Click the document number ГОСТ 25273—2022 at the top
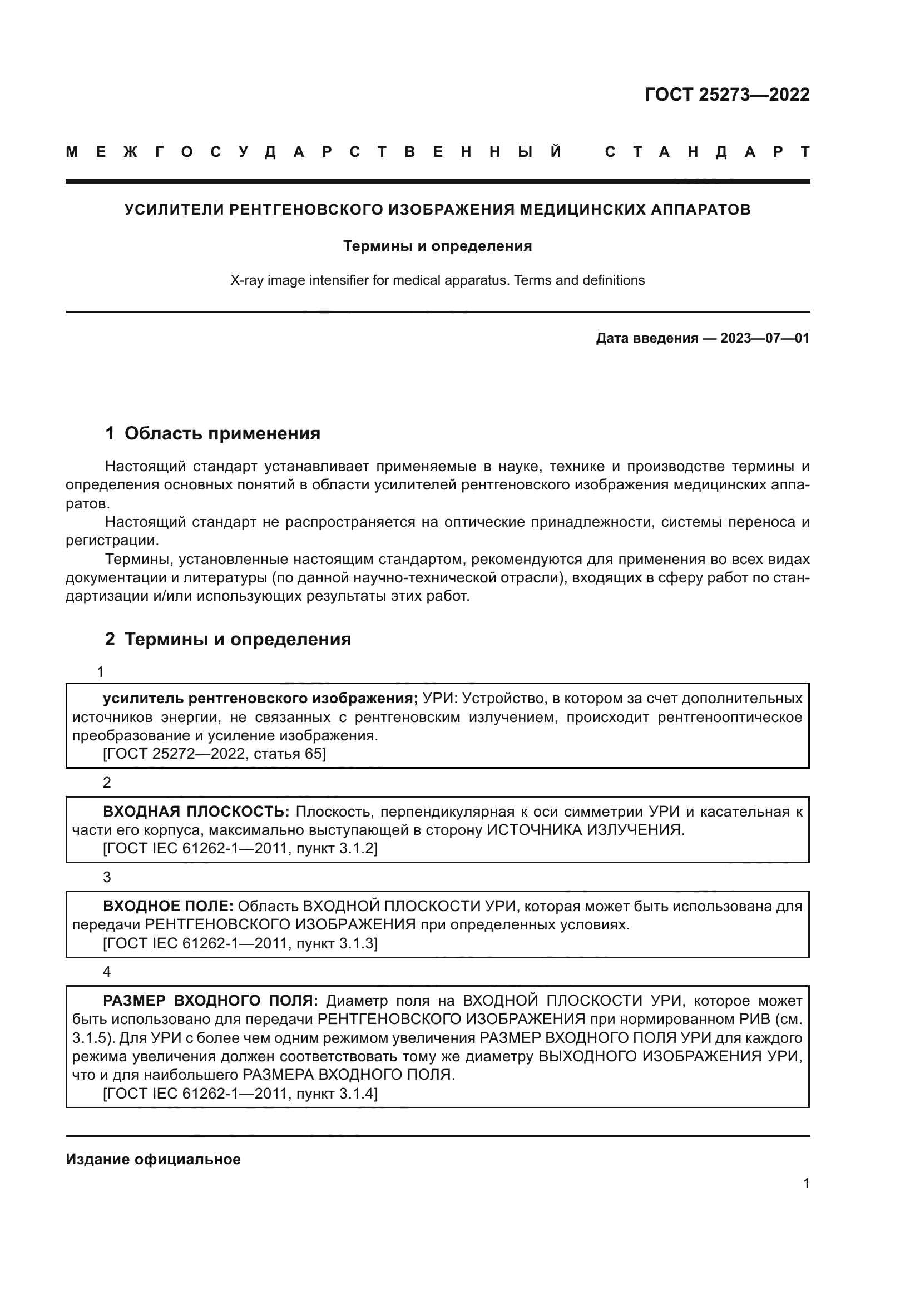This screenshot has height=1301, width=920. pyautogui.click(x=727, y=95)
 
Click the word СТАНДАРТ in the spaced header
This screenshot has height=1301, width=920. pyautogui.click(x=707, y=152)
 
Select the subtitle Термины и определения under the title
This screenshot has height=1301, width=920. pyautogui.click(x=437, y=246)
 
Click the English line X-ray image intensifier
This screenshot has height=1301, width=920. pyautogui.click(x=437, y=280)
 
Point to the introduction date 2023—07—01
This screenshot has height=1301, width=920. pyautogui.click(x=764, y=339)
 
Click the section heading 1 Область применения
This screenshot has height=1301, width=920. pyautogui.click(x=213, y=433)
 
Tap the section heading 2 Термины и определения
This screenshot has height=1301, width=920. pyautogui.click(x=227, y=639)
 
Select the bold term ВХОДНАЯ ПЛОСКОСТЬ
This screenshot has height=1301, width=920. pyautogui.click(x=196, y=812)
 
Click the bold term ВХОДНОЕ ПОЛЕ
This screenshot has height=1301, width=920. pyautogui.click(x=168, y=907)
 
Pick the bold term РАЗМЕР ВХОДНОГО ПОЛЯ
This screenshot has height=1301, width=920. pyautogui.click(x=211, y=1001)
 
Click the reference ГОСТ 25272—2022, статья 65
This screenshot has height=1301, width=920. pyautogui.click(x=214, y=754)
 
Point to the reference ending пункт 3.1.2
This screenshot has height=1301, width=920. pyautogui.click(x=240, y=849)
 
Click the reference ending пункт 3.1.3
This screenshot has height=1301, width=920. pyautogui.click(x=240, y=943)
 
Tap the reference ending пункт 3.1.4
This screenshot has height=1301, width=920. pyautogui.click(x=240, y=1094)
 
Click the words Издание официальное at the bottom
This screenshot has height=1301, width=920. pyautogui.click(x=153, y=1159)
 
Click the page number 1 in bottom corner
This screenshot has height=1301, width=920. pyautogui.click(x=805, y=1184)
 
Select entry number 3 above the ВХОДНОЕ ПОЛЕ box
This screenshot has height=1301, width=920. pyautogui.click(x=106, y=878)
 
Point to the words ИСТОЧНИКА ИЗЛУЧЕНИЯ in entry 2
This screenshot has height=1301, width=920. pyautogui.click(x=586, y=830)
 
